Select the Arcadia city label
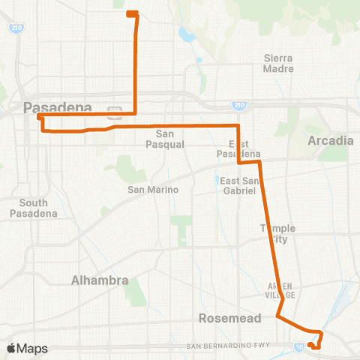coord(330,140)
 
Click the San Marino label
coord(153,190)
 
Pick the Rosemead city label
coord(230,318)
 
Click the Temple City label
coord(277,234)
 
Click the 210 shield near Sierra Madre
coord(238,105)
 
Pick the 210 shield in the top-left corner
coord(16,28)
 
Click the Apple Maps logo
coord(27,348)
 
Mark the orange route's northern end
coord(130,13)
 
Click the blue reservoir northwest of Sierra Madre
coord(184,34)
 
